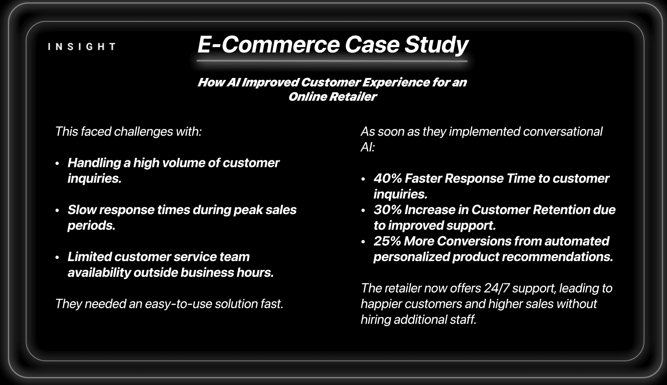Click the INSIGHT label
[x=82, y=47]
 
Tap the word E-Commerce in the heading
[x=268, y=44]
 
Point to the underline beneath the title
[x=332, y=61]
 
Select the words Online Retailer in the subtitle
[x=332, y=97]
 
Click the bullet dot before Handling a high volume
[x=57, y=163]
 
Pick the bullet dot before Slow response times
[x=57, y=211]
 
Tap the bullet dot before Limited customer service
[x=57, y=258]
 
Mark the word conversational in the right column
[x=562, y=131]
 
